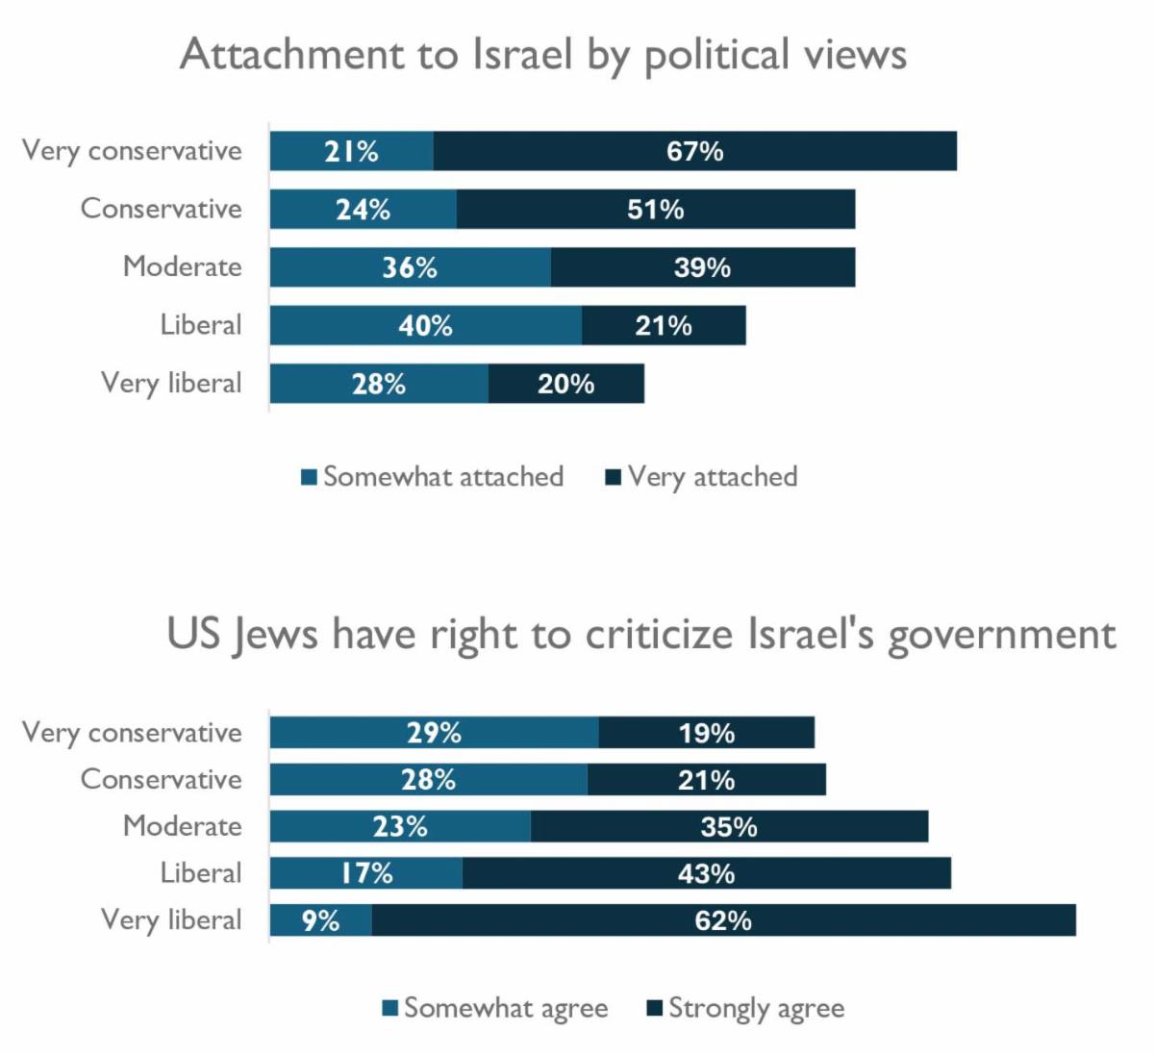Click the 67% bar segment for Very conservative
[694, 151]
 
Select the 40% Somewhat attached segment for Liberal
[425, 325]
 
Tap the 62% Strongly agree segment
[723, 920]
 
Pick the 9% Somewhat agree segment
[320, 920]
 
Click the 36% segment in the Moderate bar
[410, 267]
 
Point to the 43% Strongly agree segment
[706, 873]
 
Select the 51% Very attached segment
[655, 210]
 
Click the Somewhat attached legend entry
[433, 477]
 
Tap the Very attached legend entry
[702, 477]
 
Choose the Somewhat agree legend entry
[495, 1008]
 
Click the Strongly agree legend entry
[746, 1008]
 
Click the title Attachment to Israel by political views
[543, 55]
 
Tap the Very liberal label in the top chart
[171, 383]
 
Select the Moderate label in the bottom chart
[183, 826]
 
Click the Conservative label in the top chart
[161, 209]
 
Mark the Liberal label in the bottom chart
[201, 873]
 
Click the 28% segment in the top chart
[378, 384]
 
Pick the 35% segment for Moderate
[728, 827]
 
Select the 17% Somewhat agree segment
[365, 873]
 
